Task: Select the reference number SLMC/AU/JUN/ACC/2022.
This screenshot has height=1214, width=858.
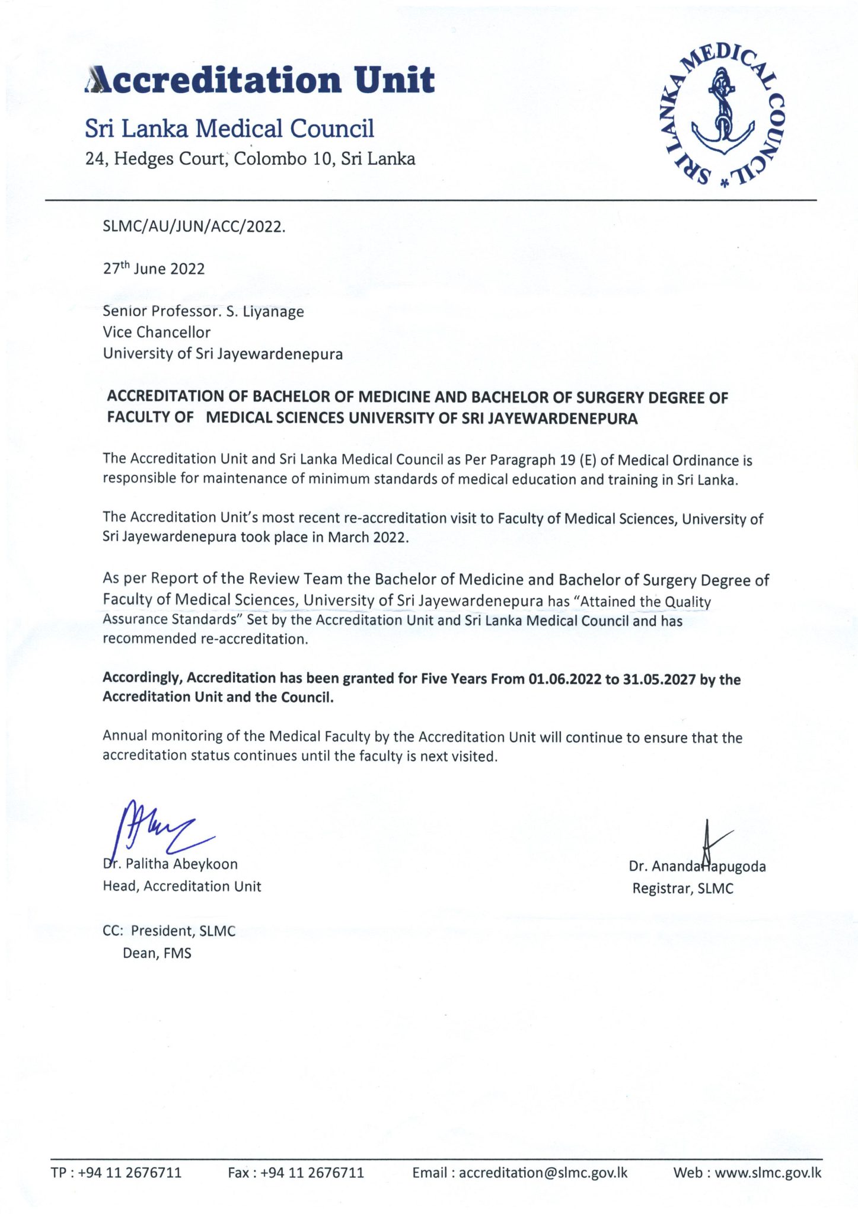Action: pyautogui.click(x=194, y=226)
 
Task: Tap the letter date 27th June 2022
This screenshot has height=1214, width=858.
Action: pyautogui.click(x=154, y=269)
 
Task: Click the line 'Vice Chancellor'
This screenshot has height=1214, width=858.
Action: pyautogui.click(x=157, y=332)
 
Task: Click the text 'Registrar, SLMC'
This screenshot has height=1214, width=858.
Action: pyautogui.click(x=682, y=889)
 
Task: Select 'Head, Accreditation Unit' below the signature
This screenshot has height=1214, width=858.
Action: pyautogui.click(x=181, y=886)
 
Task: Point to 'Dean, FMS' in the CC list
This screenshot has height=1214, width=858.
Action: pyautogui.click(x=157, y=953)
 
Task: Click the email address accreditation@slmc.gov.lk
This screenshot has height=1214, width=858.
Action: pyautogui.click(x=543, y=1173)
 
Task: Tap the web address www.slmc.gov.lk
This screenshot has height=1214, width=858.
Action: pyautogui.click(x=768, y=1173)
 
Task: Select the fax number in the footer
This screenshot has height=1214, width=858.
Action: pyautogui.click(x=312, y=1173)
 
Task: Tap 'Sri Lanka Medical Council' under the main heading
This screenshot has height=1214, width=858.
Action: pyautogui.click(x=229, y=129)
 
